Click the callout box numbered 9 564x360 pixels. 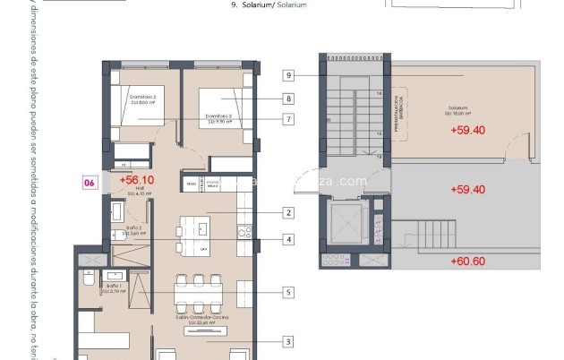point(288,75)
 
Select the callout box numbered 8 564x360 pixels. point(288,99)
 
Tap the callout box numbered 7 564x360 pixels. point(288,119)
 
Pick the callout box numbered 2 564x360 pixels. point(288,213)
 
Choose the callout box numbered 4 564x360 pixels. point(288,240)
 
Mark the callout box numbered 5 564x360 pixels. point(288,292)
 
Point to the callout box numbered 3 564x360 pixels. point(288,341)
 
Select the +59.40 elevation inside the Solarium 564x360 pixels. point(466,130)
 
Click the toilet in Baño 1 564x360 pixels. point(88,280)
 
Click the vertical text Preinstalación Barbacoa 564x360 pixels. point(398,114)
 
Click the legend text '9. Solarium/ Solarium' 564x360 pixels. point(269,5)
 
